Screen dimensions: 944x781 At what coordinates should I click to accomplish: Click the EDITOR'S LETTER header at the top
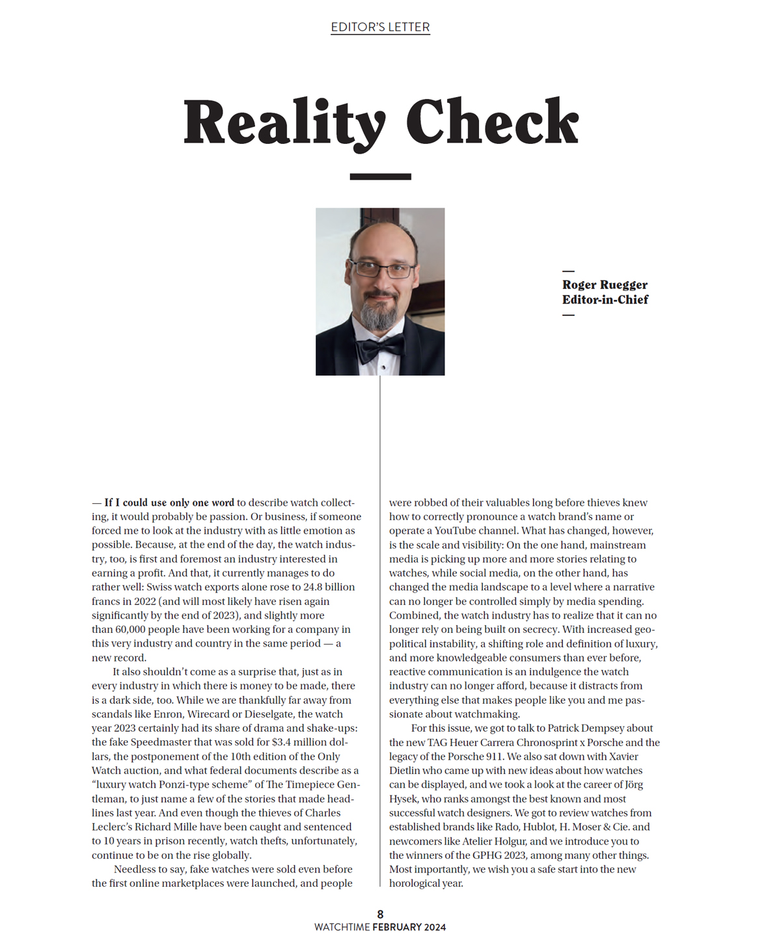(380, 27)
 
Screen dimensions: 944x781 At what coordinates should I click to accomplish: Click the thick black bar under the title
(380, 176)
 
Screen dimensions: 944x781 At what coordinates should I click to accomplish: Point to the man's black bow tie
(379, 349)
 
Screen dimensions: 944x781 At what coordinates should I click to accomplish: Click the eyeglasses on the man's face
(381, 270)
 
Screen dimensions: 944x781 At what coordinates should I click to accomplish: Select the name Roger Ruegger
(605, 285)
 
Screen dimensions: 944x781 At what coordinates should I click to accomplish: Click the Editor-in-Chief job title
(605, 300)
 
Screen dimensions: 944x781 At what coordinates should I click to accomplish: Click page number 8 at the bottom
(380, 914)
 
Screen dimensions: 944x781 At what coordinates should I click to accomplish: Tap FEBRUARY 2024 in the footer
(409, 927)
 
